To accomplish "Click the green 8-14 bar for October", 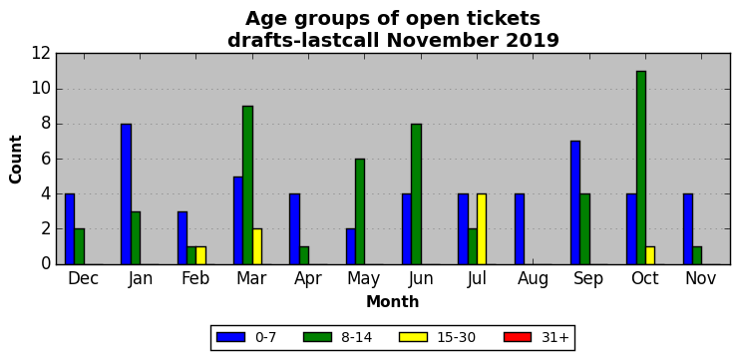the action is click(x=641, y=168).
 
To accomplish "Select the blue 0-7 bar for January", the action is click(x=126, y=194).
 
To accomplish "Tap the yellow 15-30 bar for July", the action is click(x=482, y=229).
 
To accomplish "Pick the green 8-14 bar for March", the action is click(x=248, y=185).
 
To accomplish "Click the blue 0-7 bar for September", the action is click(x=575, y=202).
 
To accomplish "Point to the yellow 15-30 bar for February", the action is click(x=200, y=255).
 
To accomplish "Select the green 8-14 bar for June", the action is click(x=416, y=194).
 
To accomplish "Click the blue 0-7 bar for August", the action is click(x=520, y=229).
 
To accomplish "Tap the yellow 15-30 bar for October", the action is click(x=650, y=255).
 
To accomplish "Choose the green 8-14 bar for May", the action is click(x=360, y=211).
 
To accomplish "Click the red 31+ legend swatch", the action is click(x=518, y=337).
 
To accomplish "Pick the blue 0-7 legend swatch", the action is click(x=230, y=337).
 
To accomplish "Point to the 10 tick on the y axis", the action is click(x=56, y=89).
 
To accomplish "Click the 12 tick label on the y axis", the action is click(x=41, y=54).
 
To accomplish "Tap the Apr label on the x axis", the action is click(x=308, y=279).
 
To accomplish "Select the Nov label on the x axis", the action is click(x=701, y=278).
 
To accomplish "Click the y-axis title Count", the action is click(x=16, y=160).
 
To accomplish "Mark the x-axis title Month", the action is click(x=393, y=301).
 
